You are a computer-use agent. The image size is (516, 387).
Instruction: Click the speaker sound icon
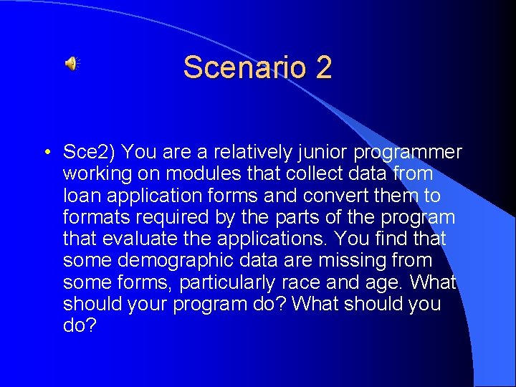tap(72, 64)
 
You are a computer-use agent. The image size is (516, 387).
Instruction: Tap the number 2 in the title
tap(322, 67)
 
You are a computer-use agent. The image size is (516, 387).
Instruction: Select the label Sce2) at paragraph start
tap(90, 153)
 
